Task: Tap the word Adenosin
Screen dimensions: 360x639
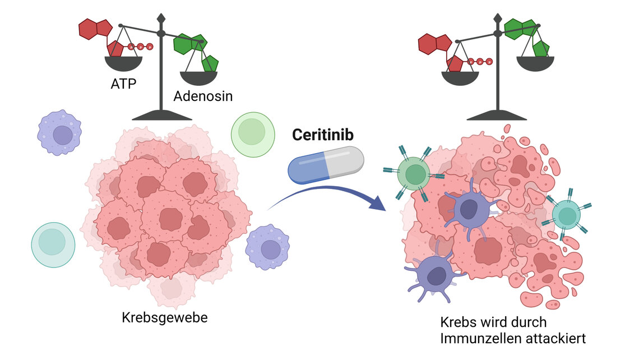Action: tap(203, 96)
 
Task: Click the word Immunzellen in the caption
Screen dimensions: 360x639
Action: tap(476, 339)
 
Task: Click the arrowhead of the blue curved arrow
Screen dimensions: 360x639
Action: tap(377, 202)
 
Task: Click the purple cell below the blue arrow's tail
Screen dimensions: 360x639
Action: tap(268, 247)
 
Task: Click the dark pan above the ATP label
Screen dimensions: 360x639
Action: tap(124, 63)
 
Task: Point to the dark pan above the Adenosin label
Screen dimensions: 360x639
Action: tap(198, 78)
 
